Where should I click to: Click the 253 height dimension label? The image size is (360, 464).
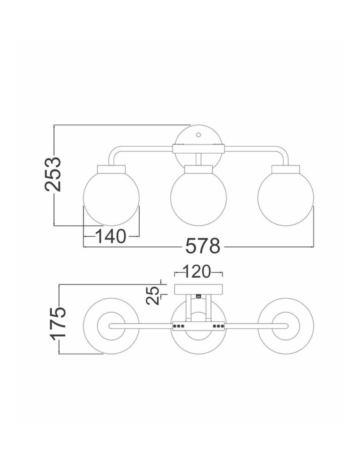52,174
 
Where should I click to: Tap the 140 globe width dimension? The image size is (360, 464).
110,236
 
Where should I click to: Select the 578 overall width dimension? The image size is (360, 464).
203,246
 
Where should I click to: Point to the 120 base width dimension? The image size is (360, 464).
197,271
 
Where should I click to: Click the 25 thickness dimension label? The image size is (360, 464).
153,294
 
